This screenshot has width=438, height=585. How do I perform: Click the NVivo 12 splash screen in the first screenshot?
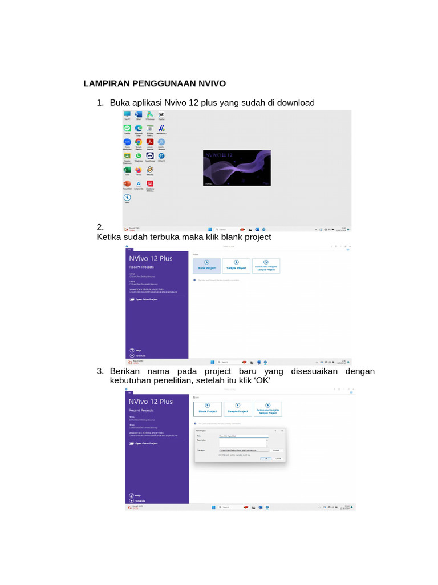[x=237, y=168]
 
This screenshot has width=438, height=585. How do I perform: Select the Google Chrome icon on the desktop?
[x=139, y=142]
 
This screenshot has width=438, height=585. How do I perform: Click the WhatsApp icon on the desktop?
[x=139, y=155]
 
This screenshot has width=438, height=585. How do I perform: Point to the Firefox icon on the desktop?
[x=139, y=170]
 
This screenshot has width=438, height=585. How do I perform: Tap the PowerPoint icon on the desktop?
[x=127, y=183]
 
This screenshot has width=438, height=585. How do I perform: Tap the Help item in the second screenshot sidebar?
[x=137, y=350]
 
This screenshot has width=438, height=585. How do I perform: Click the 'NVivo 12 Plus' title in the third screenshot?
[x=151, y=401]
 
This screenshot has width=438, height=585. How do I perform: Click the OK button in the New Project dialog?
[x=266, y=458]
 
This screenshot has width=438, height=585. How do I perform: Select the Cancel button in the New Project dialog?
[x=278, y=458]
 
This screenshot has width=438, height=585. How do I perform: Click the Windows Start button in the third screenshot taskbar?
[x=213, y=507]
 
